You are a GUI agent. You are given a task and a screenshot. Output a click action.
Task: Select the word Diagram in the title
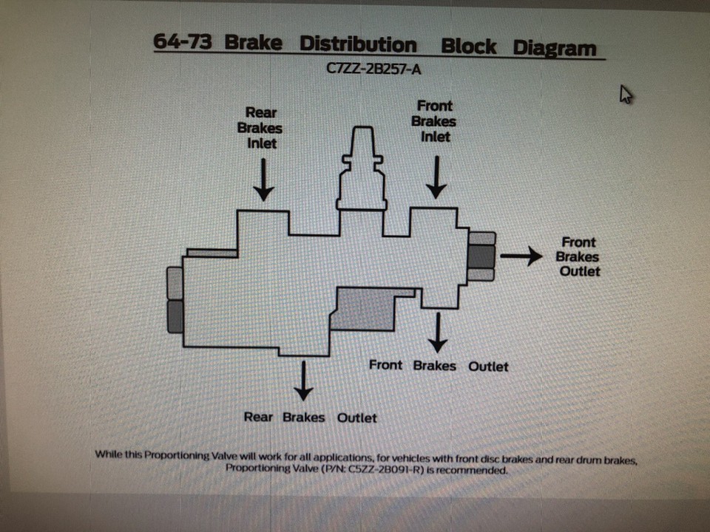555,48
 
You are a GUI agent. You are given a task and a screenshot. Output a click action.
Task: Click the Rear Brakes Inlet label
260,128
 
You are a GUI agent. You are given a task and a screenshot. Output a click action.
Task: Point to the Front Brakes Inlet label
434,121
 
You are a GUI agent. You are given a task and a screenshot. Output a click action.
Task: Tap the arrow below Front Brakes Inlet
436,178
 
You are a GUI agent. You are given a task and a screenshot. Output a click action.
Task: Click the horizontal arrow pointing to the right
526,256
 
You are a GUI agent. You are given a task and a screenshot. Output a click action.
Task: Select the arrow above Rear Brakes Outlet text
302,381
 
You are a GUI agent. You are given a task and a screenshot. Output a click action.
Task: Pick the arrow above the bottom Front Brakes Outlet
439,333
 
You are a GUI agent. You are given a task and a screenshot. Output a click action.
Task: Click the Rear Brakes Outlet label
310,417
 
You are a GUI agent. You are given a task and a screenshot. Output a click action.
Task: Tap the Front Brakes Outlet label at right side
578,257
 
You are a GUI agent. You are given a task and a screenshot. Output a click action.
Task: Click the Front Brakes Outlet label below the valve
439,366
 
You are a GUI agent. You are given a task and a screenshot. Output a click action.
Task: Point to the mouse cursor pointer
626,94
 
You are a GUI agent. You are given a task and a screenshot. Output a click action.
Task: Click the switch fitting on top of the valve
361,166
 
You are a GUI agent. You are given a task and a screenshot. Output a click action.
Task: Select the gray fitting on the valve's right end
481,256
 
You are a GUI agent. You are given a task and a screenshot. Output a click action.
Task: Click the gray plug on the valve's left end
175,299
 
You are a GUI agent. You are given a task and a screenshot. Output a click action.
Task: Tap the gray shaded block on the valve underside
365,309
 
